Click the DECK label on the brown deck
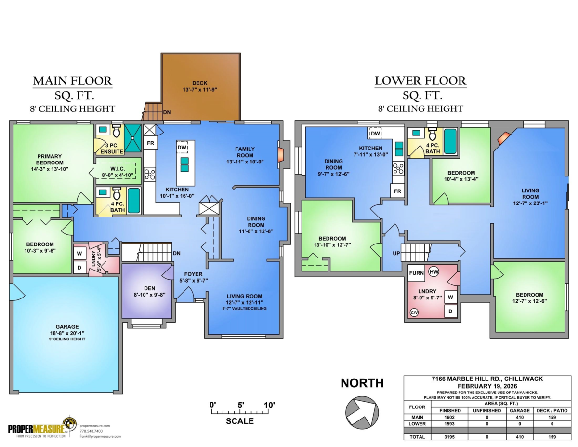click(199, 83)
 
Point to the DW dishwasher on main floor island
click(182, 148)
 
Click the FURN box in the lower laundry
click(416, 273)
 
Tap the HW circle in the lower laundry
click(433, 272)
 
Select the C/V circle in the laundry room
click(414, 312)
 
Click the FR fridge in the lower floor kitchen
click(397, 191)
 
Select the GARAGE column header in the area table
click(519, 410)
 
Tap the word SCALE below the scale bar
click(239, 421)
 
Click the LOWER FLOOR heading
click(420, 81)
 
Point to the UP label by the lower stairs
click(396, 253)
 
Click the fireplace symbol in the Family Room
click(280, 154)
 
